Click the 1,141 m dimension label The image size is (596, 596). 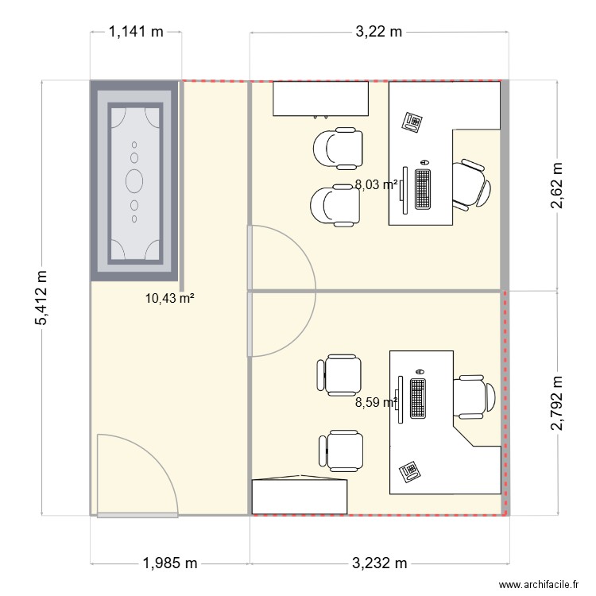pos(135,33)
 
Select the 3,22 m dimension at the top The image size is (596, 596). pos(378,33)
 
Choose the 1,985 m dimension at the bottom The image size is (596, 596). pos(170,563)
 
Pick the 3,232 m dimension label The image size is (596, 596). pos(379,563)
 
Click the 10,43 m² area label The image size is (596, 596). pos(170,299)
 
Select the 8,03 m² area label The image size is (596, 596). pos(376,184)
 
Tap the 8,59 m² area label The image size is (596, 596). pos(376,402)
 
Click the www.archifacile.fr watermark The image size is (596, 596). pos(538,584)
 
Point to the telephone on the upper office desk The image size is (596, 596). pos(412,122)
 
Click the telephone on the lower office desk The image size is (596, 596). pos(409,470)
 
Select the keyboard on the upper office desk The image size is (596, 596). pos(423,189)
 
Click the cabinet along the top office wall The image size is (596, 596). pos(322,99)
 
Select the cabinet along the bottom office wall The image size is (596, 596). pos(300,496)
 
